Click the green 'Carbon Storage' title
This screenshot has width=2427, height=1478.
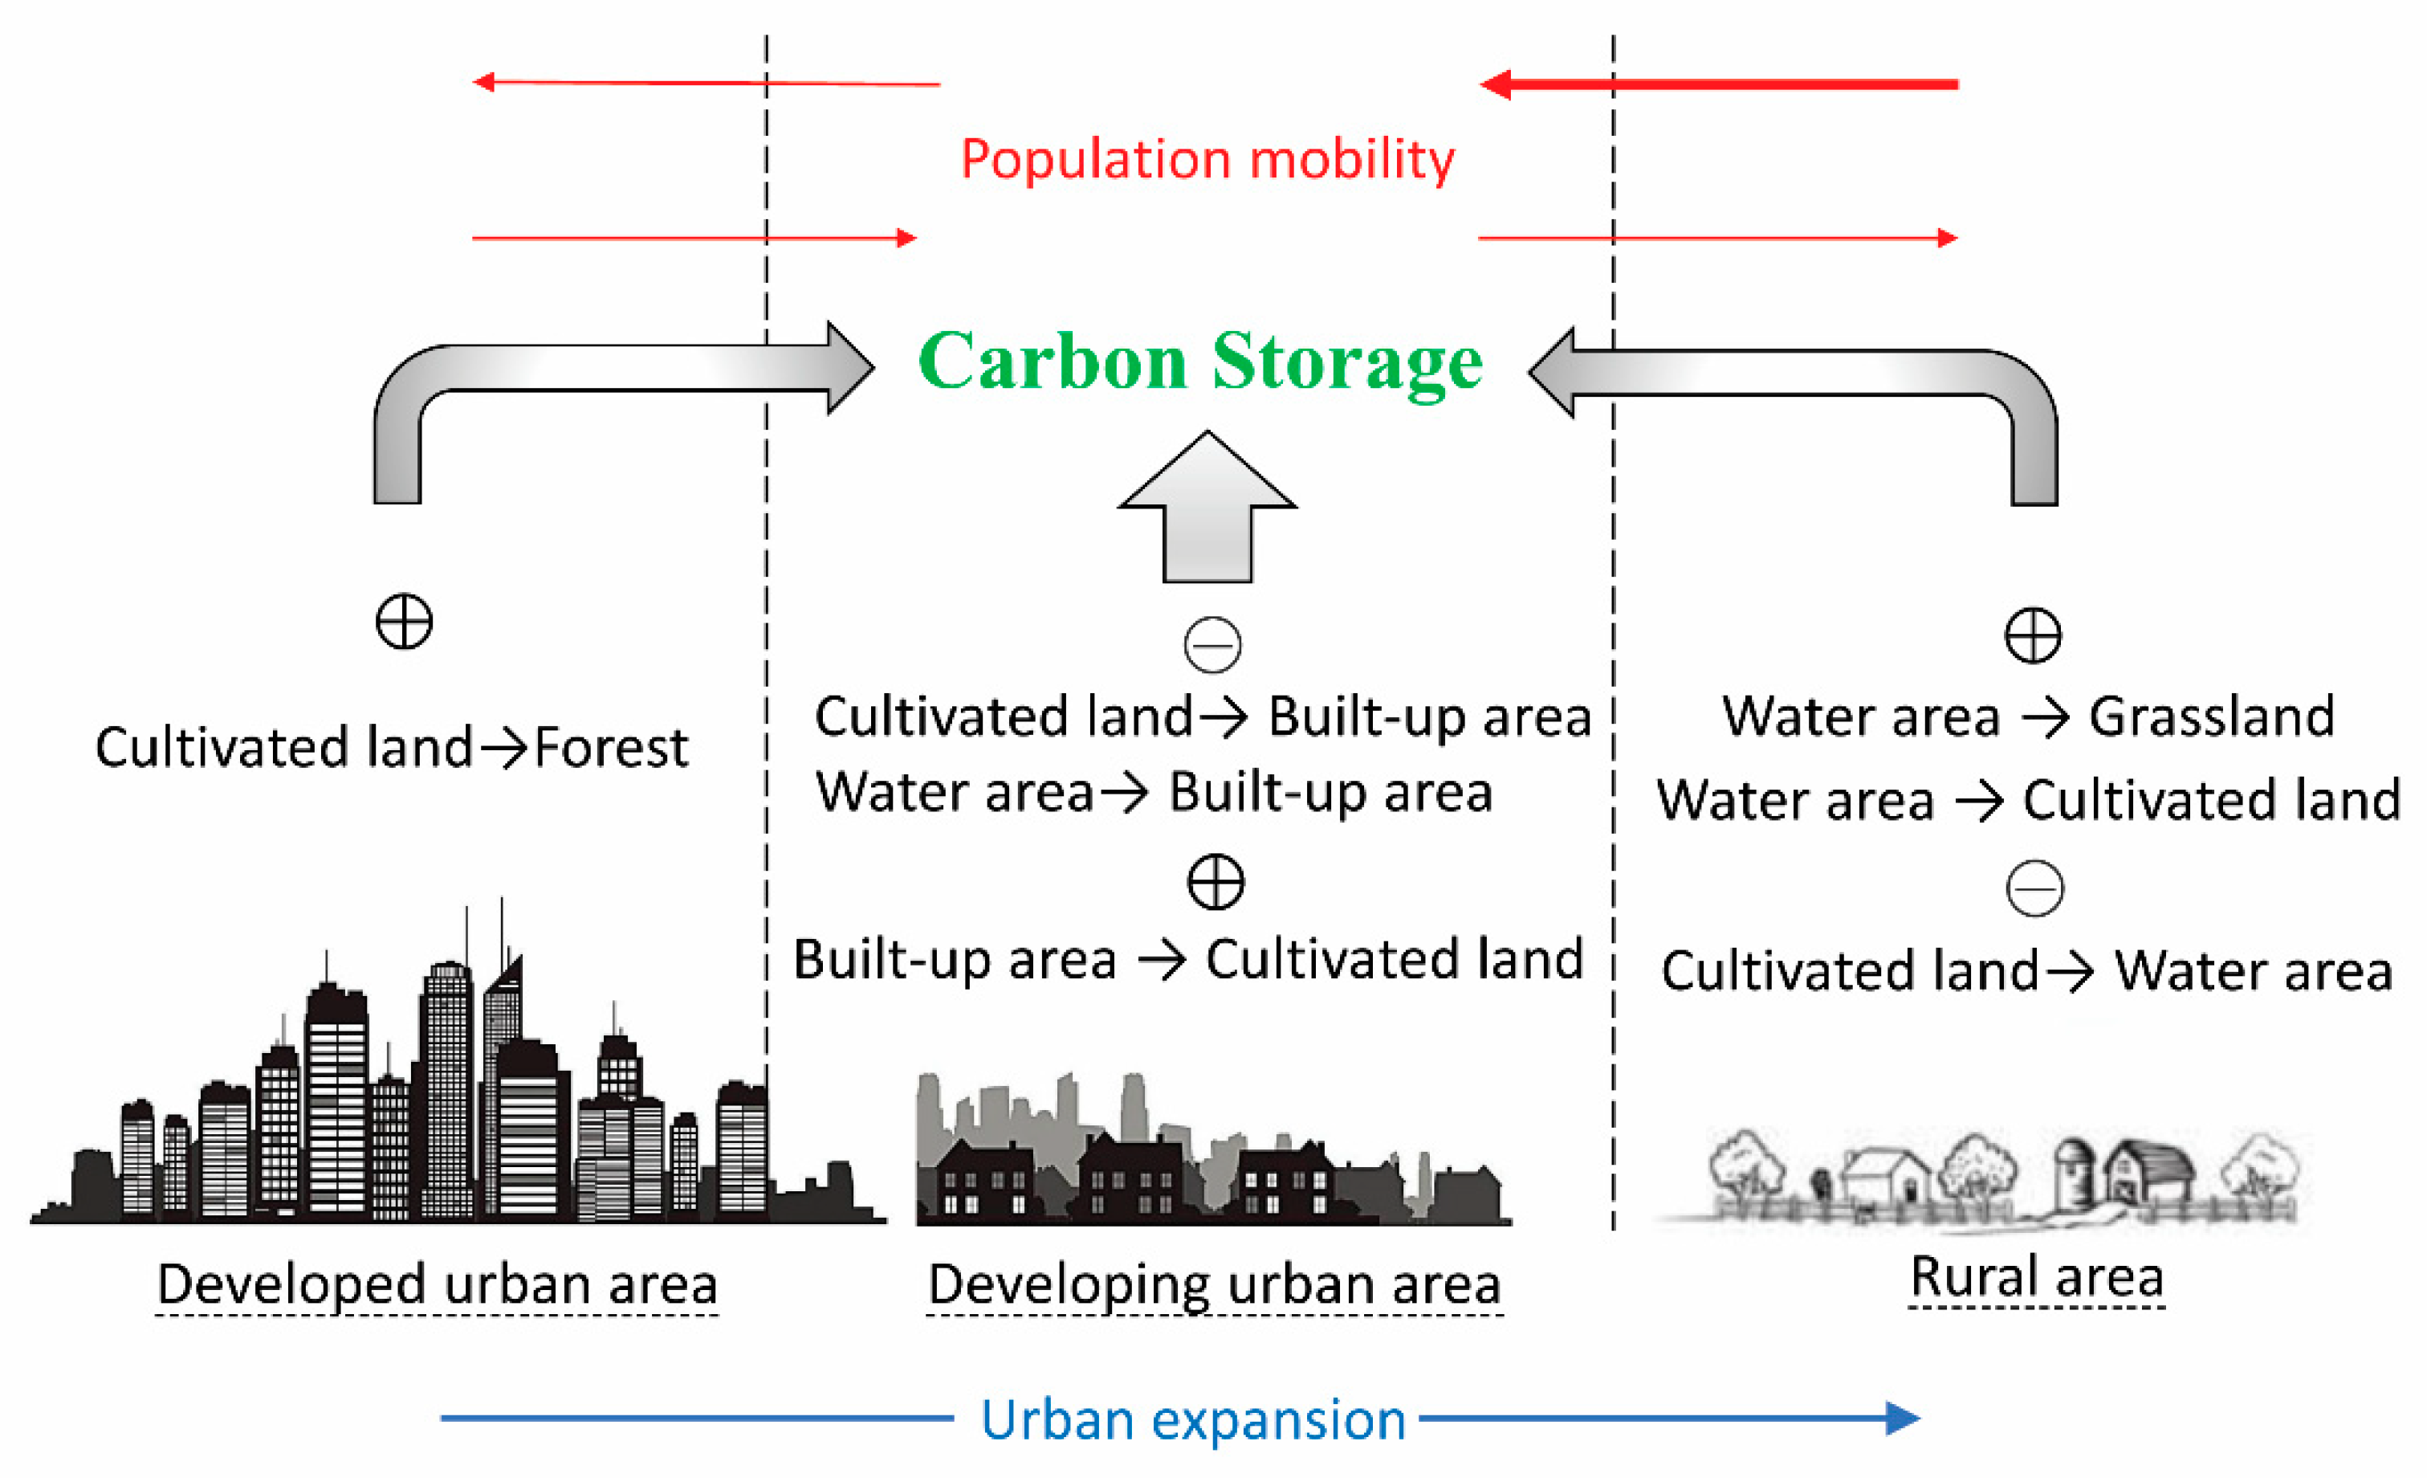[1199, 361]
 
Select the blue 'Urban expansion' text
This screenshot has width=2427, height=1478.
[1193, 1420]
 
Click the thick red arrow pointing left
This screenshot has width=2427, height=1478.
[1719, 84]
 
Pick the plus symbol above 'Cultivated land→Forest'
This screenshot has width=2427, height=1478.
[404, 622]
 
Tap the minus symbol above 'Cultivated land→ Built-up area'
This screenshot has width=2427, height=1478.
[1212, 645]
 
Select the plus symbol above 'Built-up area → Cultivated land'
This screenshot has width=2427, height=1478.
[1216, 882]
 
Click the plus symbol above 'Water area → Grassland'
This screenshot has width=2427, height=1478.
[2033, 635]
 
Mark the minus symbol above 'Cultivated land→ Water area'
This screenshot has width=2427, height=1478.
[2035, 888]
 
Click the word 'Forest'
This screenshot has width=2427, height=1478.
[611, 748]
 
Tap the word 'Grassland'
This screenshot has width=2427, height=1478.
[2211, 717]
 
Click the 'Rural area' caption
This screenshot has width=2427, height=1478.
[2037, 1277]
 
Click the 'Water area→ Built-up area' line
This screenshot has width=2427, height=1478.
[1154, 792]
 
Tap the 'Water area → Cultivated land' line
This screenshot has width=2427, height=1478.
[2028, 800]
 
